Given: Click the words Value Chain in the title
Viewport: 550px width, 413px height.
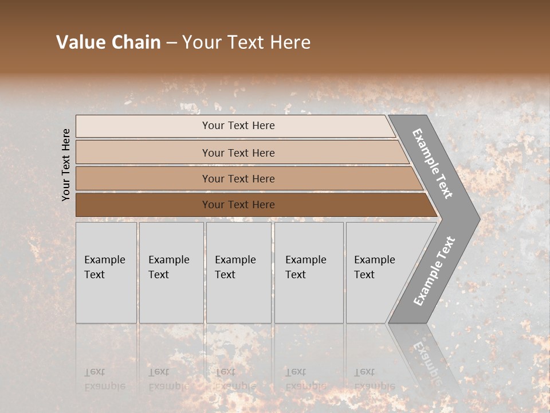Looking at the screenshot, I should pos(108,42).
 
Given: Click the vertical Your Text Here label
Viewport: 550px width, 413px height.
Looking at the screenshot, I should pos(66,165).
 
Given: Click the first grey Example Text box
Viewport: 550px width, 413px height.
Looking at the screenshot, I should pos(106,272).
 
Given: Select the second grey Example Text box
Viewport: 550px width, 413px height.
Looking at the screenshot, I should pos(171,272).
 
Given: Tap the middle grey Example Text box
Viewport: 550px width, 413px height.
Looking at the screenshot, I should pos(238,272).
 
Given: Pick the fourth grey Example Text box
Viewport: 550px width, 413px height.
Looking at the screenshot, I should pos(309,272).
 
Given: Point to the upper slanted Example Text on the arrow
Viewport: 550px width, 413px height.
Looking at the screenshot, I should pos(433,163).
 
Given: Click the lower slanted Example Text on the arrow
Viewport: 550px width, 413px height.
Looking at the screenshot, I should pos(434,271).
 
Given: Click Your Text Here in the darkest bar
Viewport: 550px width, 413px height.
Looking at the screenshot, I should pos(238,205).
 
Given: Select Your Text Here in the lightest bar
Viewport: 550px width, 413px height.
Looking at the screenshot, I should pos(238,126).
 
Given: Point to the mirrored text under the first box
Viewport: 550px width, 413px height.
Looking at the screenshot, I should pos(104,379).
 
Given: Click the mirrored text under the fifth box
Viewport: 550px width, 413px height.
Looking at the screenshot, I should pos(374,379).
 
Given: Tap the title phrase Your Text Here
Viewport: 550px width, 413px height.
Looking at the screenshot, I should pos(246,42).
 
